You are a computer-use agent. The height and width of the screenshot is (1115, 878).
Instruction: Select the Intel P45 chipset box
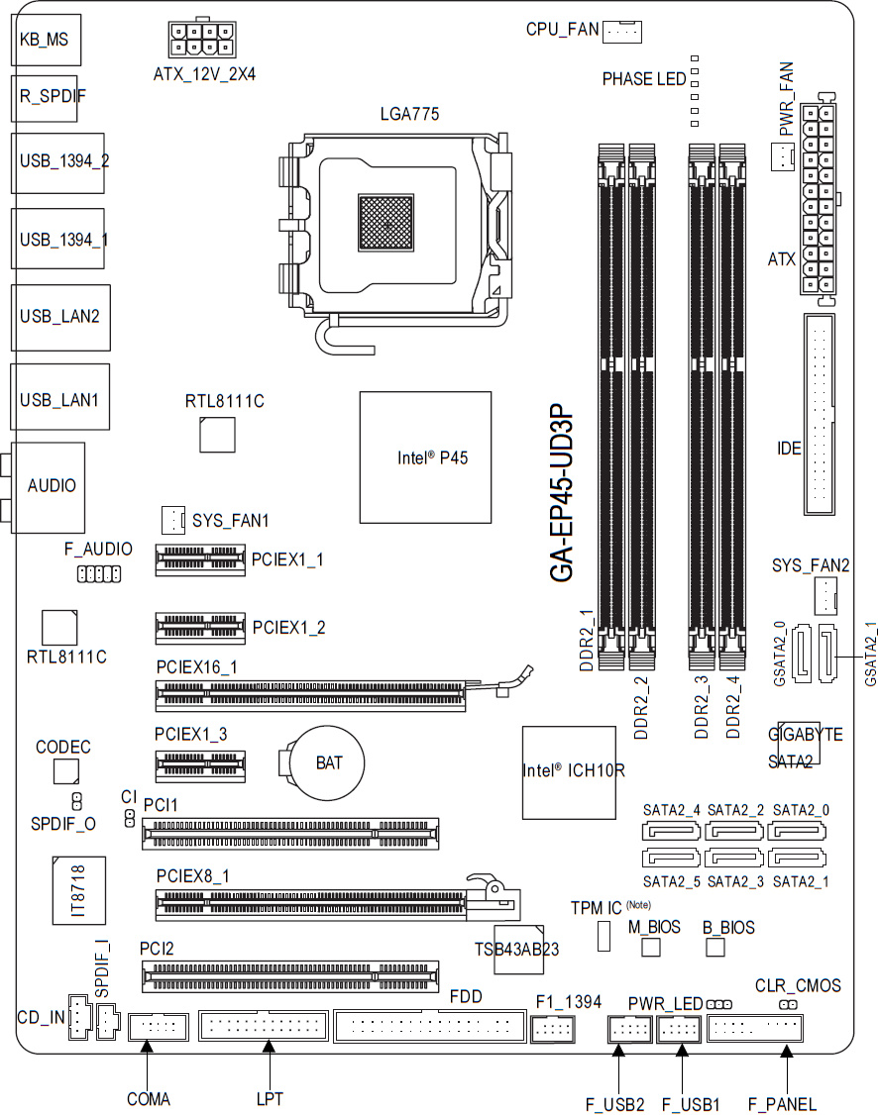(425, 457)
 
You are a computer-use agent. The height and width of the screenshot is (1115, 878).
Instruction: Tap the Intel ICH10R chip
(569, 772)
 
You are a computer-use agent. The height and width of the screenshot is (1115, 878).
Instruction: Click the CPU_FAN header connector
(622, 32)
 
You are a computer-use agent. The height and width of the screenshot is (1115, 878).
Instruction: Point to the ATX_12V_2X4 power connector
(202, 39)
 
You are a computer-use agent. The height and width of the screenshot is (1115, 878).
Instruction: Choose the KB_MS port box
(47, 39)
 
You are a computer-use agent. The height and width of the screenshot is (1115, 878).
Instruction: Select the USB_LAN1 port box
(60, 397)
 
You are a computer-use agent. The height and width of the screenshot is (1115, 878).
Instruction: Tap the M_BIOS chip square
(651, 948)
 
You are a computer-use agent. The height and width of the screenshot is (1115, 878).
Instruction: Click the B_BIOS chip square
(715, 948)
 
